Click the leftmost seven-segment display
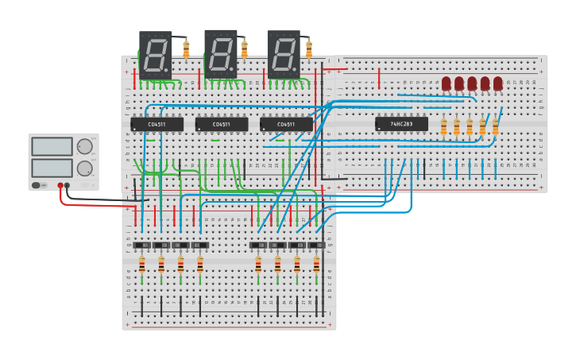coord(155,54)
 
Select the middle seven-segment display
coord(220,53)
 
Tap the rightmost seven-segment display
coord(284,54)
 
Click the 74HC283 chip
coord(401,124)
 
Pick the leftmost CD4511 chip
coord(157,125)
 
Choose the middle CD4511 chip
coord(221,125)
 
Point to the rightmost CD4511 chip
coord(286,125)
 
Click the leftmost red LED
coord(446,83)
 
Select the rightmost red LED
coord(498,83)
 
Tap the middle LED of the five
coord(472,83)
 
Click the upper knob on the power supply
coord(84,146)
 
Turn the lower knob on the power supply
coord(84,168)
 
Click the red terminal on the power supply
coord(60,185)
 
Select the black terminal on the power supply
coord(67,185)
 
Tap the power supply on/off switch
coord(37,185)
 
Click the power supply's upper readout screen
coord(52,146)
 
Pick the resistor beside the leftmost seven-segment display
coord(186,50)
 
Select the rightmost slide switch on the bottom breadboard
coord(316,245)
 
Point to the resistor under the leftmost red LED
coord(443,127)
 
